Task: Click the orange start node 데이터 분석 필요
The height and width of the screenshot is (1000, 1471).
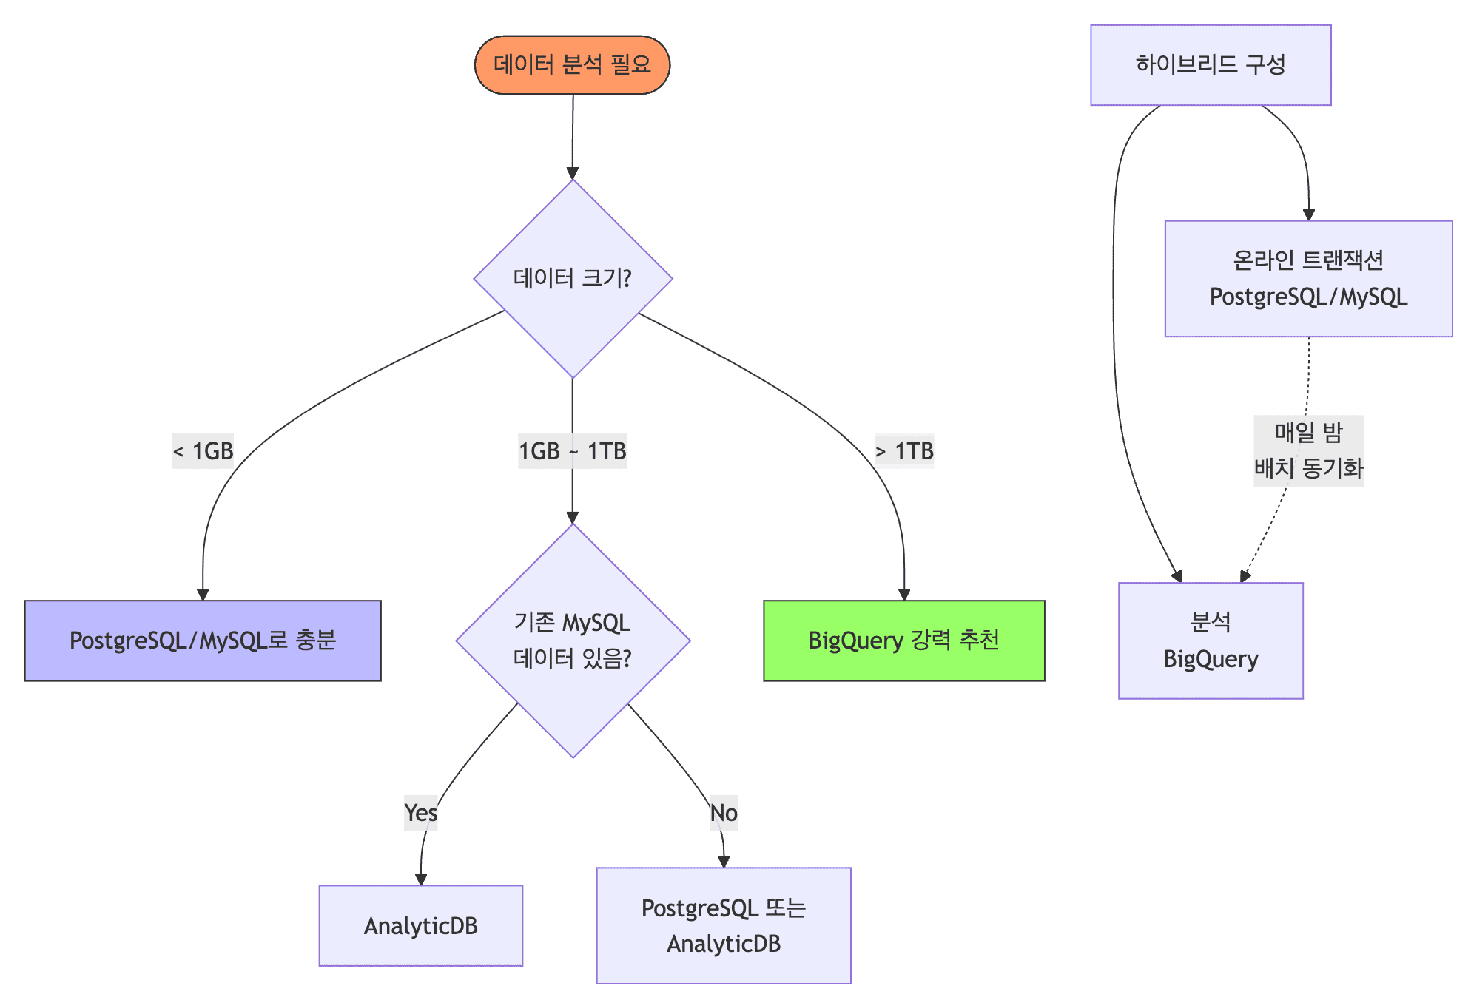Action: click(572, 65)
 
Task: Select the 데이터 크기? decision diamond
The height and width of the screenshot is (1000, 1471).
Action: click(573, 279)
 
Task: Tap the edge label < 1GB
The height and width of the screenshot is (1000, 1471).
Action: click(203, 450)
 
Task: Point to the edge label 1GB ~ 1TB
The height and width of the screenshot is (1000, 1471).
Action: click(572, 450)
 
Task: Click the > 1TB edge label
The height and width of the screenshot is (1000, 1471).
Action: click(904, 450)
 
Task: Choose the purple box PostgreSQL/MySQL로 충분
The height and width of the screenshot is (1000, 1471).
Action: click(203, 641)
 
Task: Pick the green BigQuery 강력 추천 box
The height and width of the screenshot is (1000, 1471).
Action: click(903, 641)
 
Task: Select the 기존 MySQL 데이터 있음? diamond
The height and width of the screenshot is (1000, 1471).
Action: click(573, 641)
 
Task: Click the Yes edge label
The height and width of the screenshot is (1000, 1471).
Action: click(420, 813)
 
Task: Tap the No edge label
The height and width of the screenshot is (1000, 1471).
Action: click(724, 813)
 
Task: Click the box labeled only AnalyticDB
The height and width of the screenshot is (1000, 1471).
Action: click(420, 925)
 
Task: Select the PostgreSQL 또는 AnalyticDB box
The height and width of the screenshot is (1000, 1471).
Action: click(724, 925)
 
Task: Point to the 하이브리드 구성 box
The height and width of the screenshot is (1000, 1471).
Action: click(1211, 65)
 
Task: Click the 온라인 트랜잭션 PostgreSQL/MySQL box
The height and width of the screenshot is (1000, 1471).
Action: click(1308, 279)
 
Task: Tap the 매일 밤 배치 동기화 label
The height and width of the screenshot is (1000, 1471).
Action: click(1308, 450)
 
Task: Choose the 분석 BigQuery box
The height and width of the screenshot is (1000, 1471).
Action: click(1211, 641)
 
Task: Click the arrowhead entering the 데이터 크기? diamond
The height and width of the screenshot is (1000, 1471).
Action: click(572, 174)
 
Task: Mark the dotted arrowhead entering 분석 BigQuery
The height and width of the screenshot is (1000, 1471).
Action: click(1245, 576)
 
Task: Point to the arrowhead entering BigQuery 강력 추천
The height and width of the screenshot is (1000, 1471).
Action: click(903, 595)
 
